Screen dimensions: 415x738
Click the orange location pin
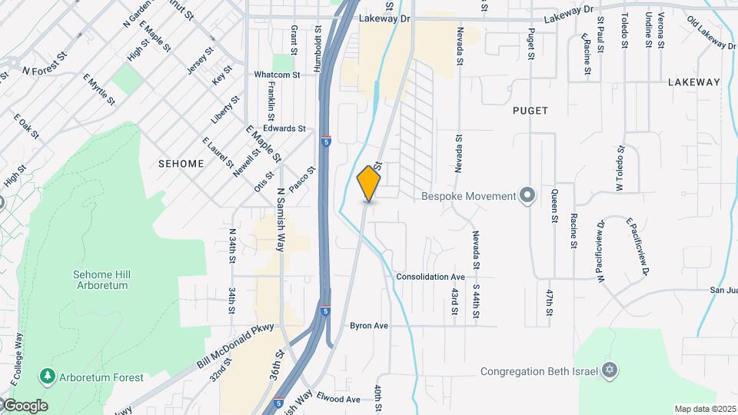[x=369, y=184]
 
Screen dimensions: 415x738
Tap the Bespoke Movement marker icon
[x=527, y=195]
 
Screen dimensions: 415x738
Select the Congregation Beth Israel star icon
[x=610, y=371]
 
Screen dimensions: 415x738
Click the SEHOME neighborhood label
[x=181, y=164]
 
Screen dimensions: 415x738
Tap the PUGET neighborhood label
[x=530, y=111]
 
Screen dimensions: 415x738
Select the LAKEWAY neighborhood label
[x=693, y=81]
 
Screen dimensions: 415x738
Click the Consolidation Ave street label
[x=430, y=277]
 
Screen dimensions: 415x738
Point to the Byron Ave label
[x=369, y=326]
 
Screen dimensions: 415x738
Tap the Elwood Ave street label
[x=341, y=400]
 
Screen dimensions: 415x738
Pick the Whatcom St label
[x=277, y=75]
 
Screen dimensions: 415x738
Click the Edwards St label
[x=284, y=128]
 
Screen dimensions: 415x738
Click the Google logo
[x=25, y=406]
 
